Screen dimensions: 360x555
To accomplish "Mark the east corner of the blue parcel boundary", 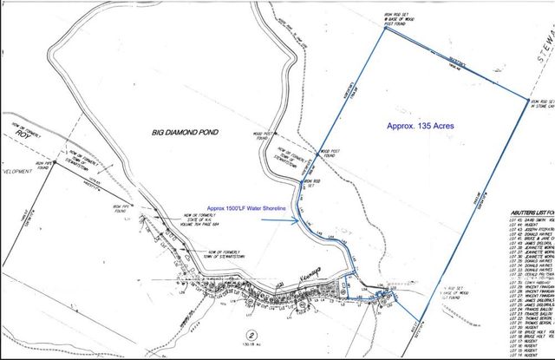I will click(x=527, y=101).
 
